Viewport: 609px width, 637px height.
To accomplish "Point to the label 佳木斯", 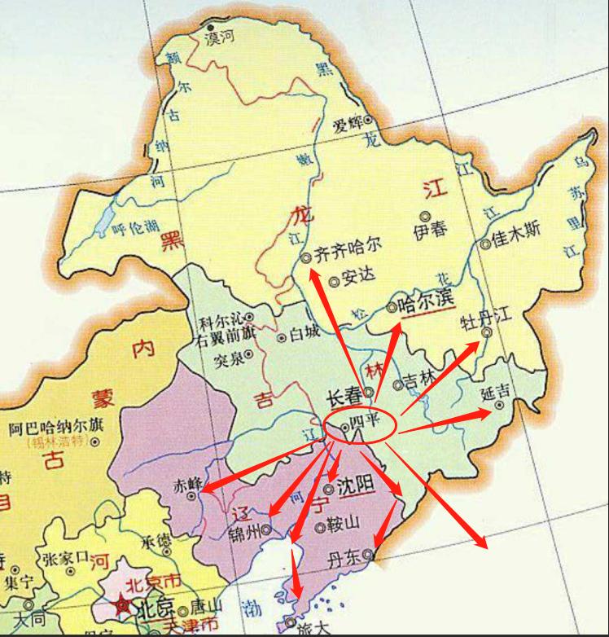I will coord(516,231).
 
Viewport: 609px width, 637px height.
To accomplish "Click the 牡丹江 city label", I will coord(486,316).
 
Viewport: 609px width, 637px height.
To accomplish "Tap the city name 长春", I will coord(344,397).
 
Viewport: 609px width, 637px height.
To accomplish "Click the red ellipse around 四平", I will coord(360,425).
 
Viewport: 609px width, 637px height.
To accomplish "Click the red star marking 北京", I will coord(123,606).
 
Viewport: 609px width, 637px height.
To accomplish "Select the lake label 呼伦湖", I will coord(133,231).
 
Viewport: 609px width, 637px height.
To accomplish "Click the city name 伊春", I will coord(430,230).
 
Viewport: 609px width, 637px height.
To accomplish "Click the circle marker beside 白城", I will coord(282,336).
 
